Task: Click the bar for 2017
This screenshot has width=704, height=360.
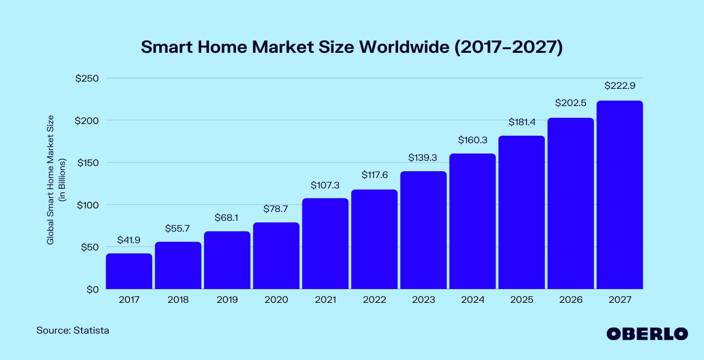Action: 129,271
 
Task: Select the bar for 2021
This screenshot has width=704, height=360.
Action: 325,244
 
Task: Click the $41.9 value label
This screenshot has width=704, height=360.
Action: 129,240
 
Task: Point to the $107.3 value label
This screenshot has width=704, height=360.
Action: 325,185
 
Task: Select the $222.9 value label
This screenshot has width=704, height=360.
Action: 620,86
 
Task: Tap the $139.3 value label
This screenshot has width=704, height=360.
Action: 422,158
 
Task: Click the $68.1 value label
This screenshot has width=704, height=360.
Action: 226,218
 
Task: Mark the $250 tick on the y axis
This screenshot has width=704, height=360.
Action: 87,78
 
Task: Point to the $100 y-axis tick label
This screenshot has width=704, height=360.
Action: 88,205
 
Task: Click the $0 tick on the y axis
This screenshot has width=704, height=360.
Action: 92,290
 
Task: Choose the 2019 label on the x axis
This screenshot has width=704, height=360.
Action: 227,300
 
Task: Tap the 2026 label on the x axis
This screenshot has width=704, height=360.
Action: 571,300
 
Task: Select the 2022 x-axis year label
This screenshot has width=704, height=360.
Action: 374,300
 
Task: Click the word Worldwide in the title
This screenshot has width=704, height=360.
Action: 404,47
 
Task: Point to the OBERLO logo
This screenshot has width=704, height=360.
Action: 647,334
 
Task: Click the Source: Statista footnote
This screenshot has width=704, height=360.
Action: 73,330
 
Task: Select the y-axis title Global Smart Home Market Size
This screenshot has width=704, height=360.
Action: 50,180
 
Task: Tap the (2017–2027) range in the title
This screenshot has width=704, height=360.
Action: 508,47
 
